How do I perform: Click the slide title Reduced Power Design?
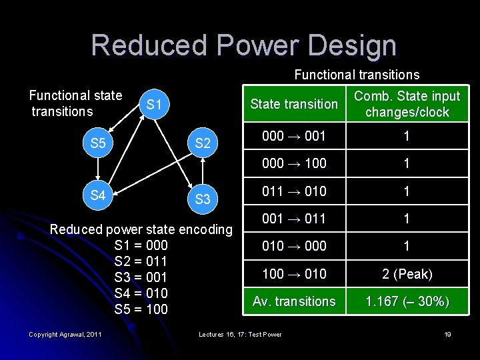coord(243,45)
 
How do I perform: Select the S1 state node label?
coord(155,105)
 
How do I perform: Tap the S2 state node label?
coord(203,143)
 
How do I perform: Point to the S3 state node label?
coord(203,199)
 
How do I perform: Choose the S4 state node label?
coord(98,195)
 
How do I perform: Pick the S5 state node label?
coord(98,143)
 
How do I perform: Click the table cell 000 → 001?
coord(294,136)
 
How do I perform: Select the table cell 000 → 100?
coord(294,163)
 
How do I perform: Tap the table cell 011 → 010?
coord(294,191)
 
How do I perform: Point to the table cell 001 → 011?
coord(294,219)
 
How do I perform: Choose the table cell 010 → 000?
coord(294,246)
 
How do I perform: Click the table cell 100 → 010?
coord(294,273)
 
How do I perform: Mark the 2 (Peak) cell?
coord(407,274)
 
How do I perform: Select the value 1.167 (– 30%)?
coord(407,302)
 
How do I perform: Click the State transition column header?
coord(294,104)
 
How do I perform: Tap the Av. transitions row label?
coord(294,301)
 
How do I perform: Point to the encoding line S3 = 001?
coord(141,277)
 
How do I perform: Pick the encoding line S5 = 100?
coord(141,309)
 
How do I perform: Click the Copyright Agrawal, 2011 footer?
coord(65,334)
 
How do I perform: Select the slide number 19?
coord(448,334)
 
